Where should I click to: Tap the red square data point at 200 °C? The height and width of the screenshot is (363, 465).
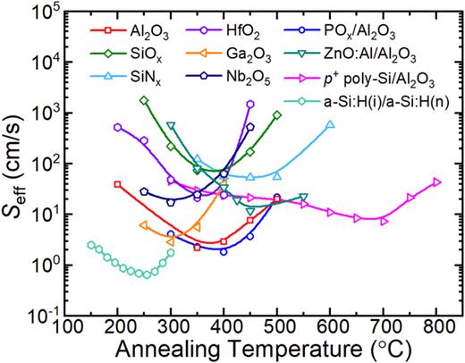click(x=118, y=184)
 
